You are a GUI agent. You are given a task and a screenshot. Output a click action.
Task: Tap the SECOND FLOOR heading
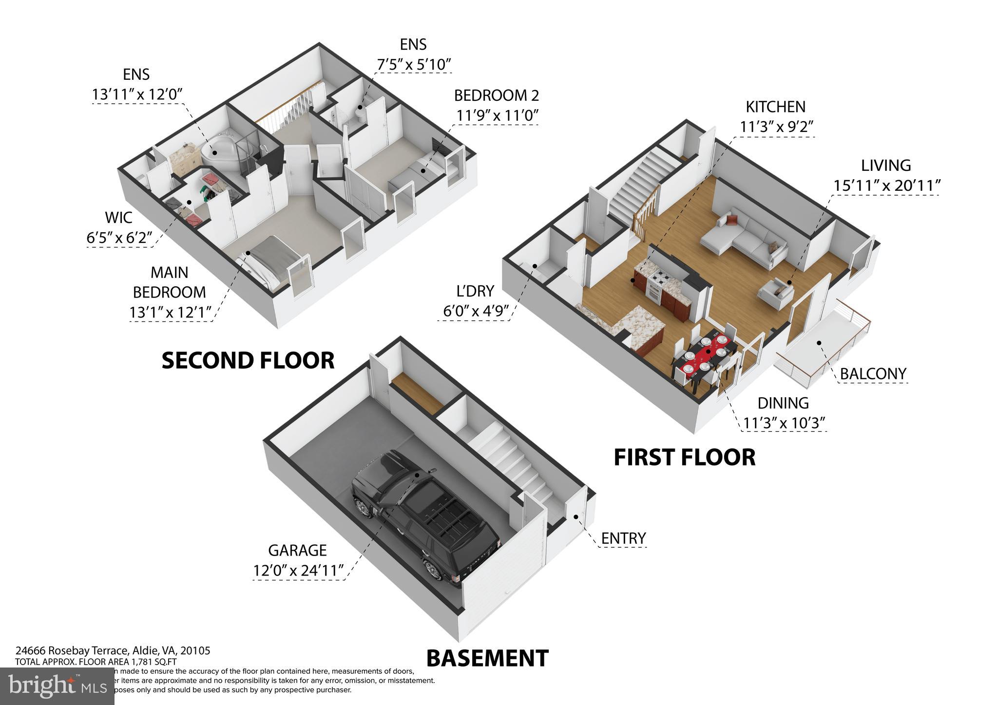click(x=248, y=361)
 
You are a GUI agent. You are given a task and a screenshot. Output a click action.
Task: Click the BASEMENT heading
click(x=487, y=658)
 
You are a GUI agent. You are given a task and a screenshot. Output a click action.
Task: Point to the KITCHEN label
click(x=775, y=107)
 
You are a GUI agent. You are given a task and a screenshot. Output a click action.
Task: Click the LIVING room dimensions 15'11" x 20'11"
click(x=886, y=186)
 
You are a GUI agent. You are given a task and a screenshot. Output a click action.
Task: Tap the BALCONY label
click(x=873, y=374)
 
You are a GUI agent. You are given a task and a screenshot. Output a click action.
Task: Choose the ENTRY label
click(x=623, y=538)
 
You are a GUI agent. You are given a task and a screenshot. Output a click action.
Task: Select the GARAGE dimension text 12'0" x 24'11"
click(x=298, y=570)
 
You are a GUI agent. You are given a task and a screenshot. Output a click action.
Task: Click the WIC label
click(x=118, y=217)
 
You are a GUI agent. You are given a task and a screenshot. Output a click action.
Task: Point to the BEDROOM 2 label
click(x=496, y=95)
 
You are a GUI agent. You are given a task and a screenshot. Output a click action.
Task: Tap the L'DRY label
click(x=475, y=291)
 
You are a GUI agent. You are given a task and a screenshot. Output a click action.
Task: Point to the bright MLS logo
click(x=57, y=686)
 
